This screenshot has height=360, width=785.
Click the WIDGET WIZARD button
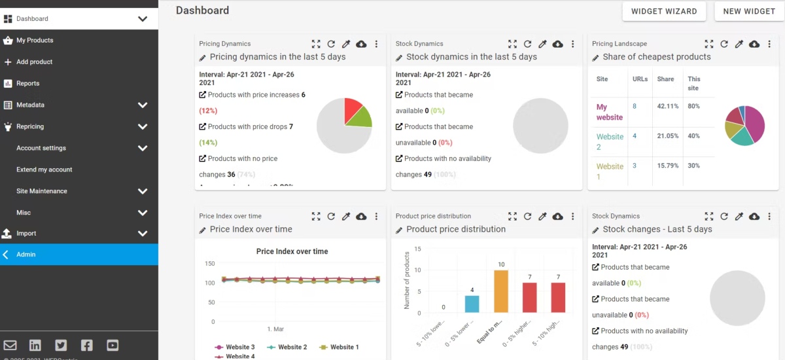[664, 11]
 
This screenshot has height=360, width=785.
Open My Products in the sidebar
[35, 41]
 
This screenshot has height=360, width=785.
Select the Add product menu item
[34, 62]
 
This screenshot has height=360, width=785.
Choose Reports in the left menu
[27, 84]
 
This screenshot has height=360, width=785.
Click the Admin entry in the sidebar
[26, 255]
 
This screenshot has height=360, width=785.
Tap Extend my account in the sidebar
[44, 170]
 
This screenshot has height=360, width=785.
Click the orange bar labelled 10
[501, 291]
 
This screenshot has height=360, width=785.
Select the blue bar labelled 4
[472, 304]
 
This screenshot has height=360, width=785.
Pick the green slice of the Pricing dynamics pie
[360, 118]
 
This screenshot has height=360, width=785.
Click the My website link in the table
[609, 112]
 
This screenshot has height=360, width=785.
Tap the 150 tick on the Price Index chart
[210, 264]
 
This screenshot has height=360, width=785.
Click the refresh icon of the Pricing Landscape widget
[724, 44]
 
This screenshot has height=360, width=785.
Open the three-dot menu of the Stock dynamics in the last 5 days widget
[572, 44]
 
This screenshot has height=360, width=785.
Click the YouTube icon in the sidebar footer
[113, 346]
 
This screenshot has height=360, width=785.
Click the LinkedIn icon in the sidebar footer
[35, 346]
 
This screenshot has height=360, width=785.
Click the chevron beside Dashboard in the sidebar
[143, 19]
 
